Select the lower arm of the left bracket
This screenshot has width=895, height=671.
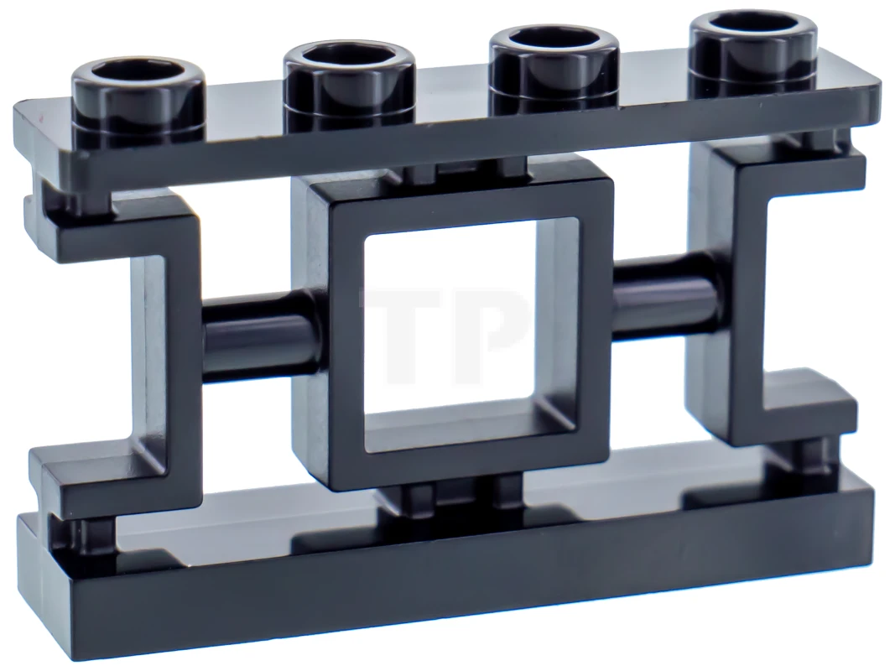click(x=109, y=478)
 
